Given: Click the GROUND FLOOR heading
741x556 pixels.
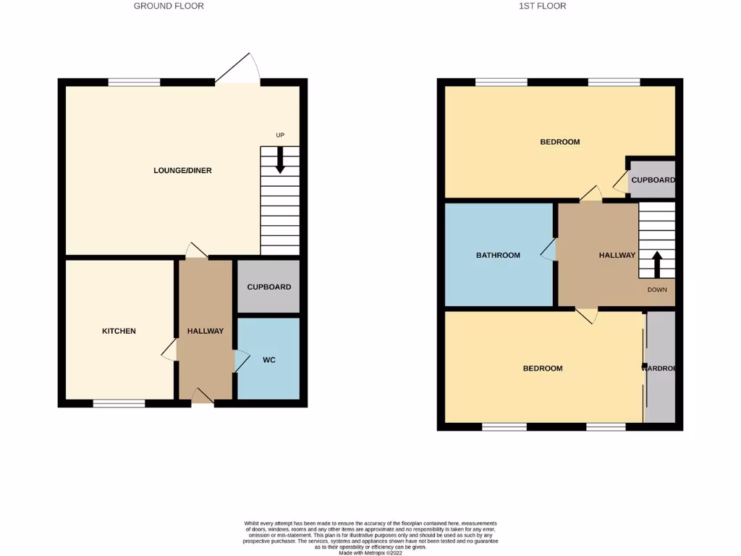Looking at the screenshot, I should click(x=169, y=6).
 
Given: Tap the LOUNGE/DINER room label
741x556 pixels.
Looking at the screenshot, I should click(x=182, y=171).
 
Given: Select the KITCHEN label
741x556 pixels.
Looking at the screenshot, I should click(x=119, y=331).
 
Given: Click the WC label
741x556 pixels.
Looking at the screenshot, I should click(x=268, y=360).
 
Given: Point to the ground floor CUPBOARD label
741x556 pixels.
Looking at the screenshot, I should click(x=268, y=287).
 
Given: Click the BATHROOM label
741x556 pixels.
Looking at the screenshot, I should click(x=498, y=255).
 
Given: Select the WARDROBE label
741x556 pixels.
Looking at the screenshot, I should click(x=660, y=368).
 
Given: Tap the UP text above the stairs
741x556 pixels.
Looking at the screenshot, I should click(x=280, y=135).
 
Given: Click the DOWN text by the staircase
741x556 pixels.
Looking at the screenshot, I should click(x=656, y=290).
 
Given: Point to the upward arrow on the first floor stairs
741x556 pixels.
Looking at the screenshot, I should click(x=657, y=264).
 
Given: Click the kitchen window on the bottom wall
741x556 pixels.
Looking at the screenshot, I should click(x=119, y=403).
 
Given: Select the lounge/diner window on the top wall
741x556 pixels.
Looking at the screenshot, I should click(x=134, y=82).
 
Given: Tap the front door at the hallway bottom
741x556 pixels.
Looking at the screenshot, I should click(x=203, y=396).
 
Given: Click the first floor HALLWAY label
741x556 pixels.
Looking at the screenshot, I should click(x=617, y=255).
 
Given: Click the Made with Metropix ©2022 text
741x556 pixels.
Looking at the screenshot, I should click(x=370, y=552).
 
